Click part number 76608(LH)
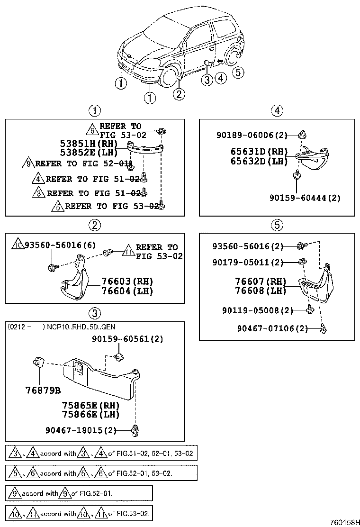pos(261,291)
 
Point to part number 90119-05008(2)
pos(257,310)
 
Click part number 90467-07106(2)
pos(273,328)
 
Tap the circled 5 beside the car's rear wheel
pos(237,72)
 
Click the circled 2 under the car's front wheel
pos(178,94)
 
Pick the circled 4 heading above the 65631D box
pos(277,111)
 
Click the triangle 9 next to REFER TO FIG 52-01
pos(28,164)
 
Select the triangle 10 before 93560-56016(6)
pos(17,245)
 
